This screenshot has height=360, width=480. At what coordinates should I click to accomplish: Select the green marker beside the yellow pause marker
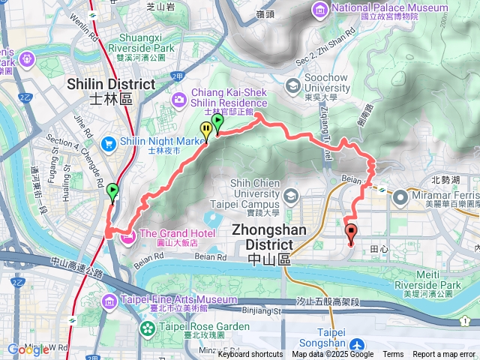(x=218, y=122)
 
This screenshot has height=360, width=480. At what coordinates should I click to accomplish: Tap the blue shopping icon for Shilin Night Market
(x=109, y=141)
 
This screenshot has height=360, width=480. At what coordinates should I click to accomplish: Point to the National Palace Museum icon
(x=319, y=9)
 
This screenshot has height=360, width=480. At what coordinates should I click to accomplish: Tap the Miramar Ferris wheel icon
(x=400, y=197)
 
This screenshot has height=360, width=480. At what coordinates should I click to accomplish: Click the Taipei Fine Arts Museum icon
(x=109, y=301)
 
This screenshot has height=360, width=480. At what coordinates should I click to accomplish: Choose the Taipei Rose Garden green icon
(x=148, y=328)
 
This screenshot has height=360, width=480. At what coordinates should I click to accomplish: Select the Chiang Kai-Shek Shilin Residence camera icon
(x=179, y=98)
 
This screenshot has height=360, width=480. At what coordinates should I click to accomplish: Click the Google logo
(x=28, y=349)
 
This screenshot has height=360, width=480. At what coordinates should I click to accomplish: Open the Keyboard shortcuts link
(x=250, y=355)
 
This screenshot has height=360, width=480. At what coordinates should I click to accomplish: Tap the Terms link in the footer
(x=393, y=355)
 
